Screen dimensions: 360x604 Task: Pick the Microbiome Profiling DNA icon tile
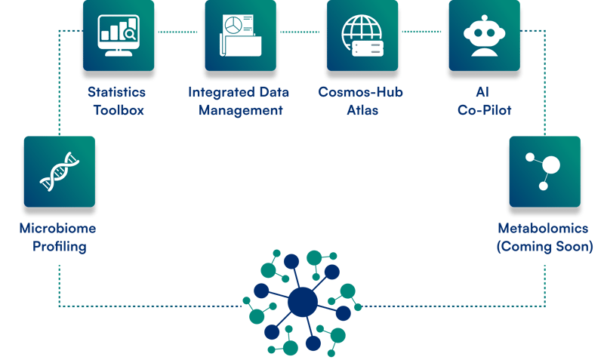tap(60, 171)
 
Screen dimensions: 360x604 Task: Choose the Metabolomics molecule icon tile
tap(544, 171)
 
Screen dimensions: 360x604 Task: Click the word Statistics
tap(117, 92)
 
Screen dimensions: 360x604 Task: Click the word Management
tap(236, 110)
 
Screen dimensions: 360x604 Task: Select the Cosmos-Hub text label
tap(360, 92)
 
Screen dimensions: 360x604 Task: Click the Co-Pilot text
tap(484, 110)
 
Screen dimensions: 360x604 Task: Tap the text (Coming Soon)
tap(544, 246)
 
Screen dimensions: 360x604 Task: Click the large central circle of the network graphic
tap(303, 303)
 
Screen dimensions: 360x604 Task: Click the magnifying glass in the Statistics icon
tap(131, 33)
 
